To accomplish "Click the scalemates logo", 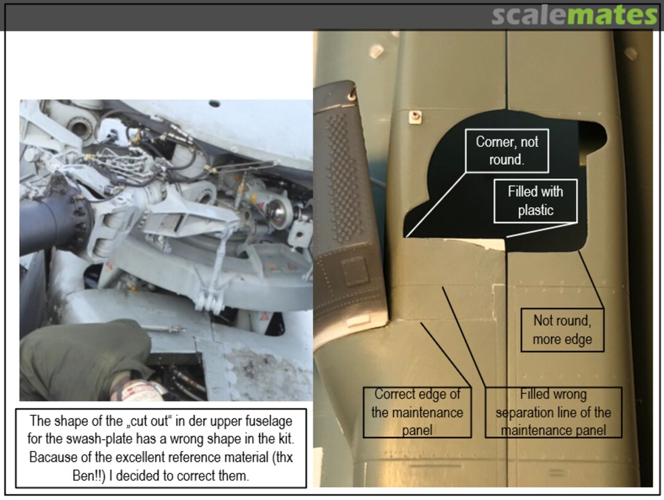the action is tap(574, 15).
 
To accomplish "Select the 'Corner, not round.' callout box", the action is tap(507, 150).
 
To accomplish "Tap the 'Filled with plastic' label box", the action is tap(536, 201).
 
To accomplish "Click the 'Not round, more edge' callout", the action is tap(562, 330).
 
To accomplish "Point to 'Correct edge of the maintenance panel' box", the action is tap(417, 412).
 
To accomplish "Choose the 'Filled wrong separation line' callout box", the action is tap(553, 412).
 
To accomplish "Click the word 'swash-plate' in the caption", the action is tap(100, 439).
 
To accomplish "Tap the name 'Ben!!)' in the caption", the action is tap(89, 475).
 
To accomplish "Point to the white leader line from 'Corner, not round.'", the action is tap(435, 205).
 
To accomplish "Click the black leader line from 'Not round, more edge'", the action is tap(591, 280).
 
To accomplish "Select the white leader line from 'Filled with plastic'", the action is tap(542, 230).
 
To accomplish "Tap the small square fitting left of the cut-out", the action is tap(415, 116).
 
